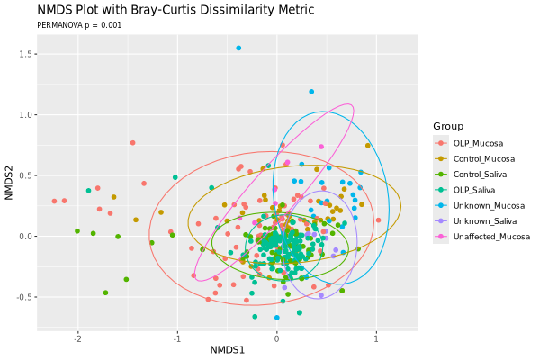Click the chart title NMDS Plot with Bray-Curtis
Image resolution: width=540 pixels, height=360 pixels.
tap(175, 10)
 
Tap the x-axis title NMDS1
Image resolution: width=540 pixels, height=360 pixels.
tap(228, 349)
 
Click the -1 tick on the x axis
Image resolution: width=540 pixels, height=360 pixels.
tap(176, 338)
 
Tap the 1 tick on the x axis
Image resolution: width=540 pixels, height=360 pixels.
tap(376, 338)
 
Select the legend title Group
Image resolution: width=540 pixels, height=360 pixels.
tap(447, 126)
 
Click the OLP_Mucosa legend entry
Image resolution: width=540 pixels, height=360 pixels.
tap(478, 144)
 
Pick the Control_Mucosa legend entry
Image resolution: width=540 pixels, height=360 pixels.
tap(483, 159)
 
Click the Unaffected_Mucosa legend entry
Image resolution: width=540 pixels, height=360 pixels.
tap(491, 237)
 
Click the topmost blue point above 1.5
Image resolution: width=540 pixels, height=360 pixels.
tap(238, 48)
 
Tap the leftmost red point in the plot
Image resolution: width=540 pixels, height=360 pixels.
tap(54, 202)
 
